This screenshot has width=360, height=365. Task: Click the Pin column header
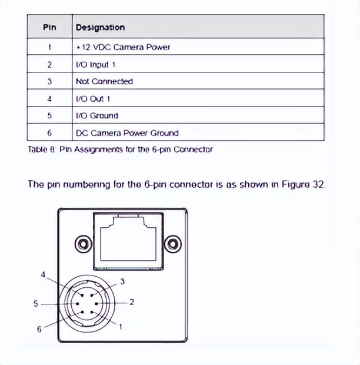(x=50, y=27)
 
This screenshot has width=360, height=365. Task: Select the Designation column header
(x=100, y=27)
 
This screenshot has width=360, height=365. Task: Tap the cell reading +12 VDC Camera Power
(x=123, y=47)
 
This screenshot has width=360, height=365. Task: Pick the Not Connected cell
(x=104, y=81)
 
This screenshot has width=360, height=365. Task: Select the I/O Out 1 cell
(x=93, y=98)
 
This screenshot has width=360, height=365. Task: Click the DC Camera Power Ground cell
(x=127, y=133)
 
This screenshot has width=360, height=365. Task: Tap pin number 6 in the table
(x=50, y=133)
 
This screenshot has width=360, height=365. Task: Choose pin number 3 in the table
(x=50, y=81)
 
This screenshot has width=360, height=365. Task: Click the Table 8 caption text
(x=120, y=150)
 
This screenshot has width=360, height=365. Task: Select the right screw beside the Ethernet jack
(x=172, y=243)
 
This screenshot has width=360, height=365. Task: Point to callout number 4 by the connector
(x=43, y=274)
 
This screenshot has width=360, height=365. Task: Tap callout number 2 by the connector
(x=132, y=302)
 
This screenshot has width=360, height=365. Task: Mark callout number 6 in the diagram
(x=39, y=329)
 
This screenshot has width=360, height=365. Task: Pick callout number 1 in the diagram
(x=121, y=326)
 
